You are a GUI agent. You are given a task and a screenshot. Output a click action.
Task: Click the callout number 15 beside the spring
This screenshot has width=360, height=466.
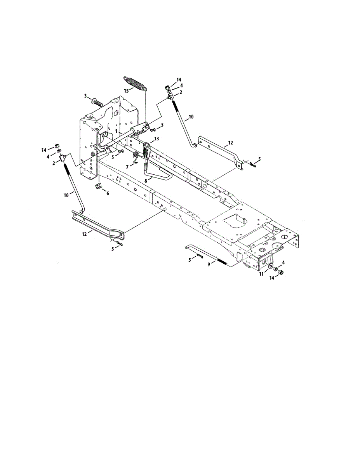pos(127,91)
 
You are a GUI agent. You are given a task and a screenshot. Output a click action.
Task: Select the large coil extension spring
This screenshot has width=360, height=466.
pos(135,84)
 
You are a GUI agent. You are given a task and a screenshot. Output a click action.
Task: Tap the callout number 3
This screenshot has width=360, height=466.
pos(85,96)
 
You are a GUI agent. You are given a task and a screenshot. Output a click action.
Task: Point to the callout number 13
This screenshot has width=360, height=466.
pos(157,139)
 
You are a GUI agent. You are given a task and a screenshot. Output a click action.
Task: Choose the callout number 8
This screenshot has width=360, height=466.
pos(146,181)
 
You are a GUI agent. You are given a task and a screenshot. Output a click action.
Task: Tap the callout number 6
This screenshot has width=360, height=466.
pos(108,193)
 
